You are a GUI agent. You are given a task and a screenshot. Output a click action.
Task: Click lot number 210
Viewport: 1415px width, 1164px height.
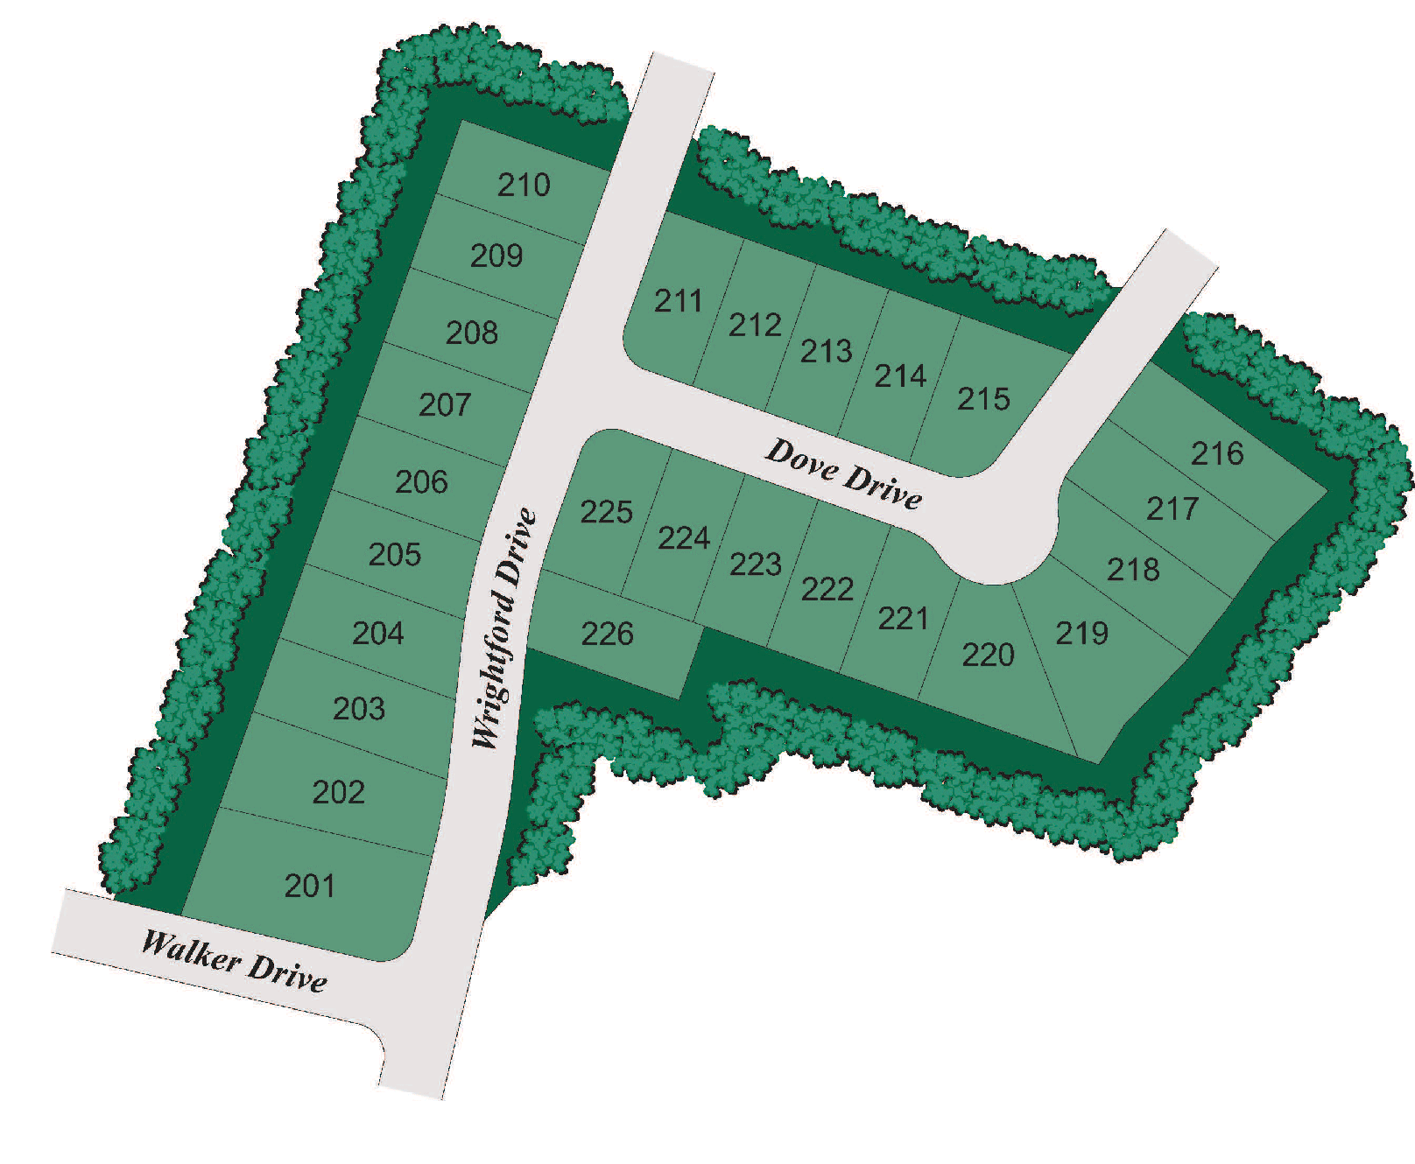tap(524, 185)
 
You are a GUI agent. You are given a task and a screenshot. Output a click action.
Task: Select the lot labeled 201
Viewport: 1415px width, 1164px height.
tap(310, 886)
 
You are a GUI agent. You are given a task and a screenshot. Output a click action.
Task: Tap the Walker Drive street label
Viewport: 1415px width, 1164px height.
tap(235, 961)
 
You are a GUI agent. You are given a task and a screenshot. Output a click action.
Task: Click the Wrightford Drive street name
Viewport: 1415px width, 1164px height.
tap(503, 628)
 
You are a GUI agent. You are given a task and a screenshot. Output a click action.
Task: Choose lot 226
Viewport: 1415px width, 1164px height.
tap(607, 634)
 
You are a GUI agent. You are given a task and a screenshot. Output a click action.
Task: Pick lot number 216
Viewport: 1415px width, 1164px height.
tap(1217, 453)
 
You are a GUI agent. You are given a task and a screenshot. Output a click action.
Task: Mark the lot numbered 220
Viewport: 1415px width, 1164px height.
tap(988, 655)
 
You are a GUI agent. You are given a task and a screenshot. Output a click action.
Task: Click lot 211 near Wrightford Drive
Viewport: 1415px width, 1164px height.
tap(679, 301)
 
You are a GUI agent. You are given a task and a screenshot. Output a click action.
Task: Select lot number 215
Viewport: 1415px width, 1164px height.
tap(983, 399)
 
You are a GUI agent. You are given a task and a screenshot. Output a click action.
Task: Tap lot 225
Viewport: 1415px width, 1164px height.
tap(606, 512)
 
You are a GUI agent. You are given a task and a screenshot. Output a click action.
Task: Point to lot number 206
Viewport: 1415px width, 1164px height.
tap(421, 482)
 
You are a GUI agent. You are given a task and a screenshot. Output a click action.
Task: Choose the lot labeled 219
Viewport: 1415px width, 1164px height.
tap(1081, 633)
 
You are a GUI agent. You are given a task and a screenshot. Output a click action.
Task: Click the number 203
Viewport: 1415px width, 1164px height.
tap(359, 708)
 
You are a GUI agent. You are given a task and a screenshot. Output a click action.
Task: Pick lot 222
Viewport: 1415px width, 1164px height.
tap(827, 589)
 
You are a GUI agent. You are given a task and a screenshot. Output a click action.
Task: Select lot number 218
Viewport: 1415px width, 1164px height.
tap(1133, 570)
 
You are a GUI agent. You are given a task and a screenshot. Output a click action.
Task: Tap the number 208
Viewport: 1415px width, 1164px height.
tap(472, 333)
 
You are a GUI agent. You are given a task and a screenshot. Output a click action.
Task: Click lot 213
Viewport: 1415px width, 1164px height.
tap(826, 351)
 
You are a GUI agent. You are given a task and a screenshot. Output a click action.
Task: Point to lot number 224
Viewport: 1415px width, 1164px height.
tap(683, 537)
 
